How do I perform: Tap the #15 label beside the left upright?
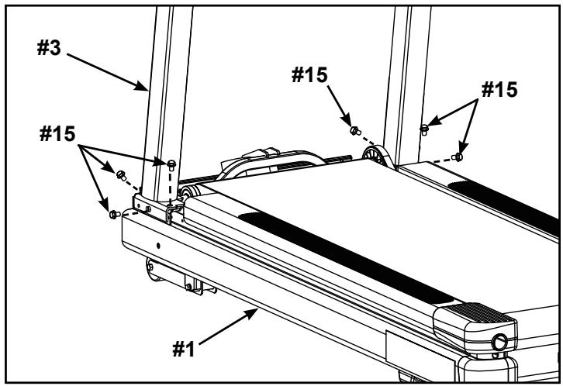click(59, 133)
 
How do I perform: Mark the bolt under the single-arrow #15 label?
click(354, 129)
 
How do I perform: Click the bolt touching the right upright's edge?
click(424, 128)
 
